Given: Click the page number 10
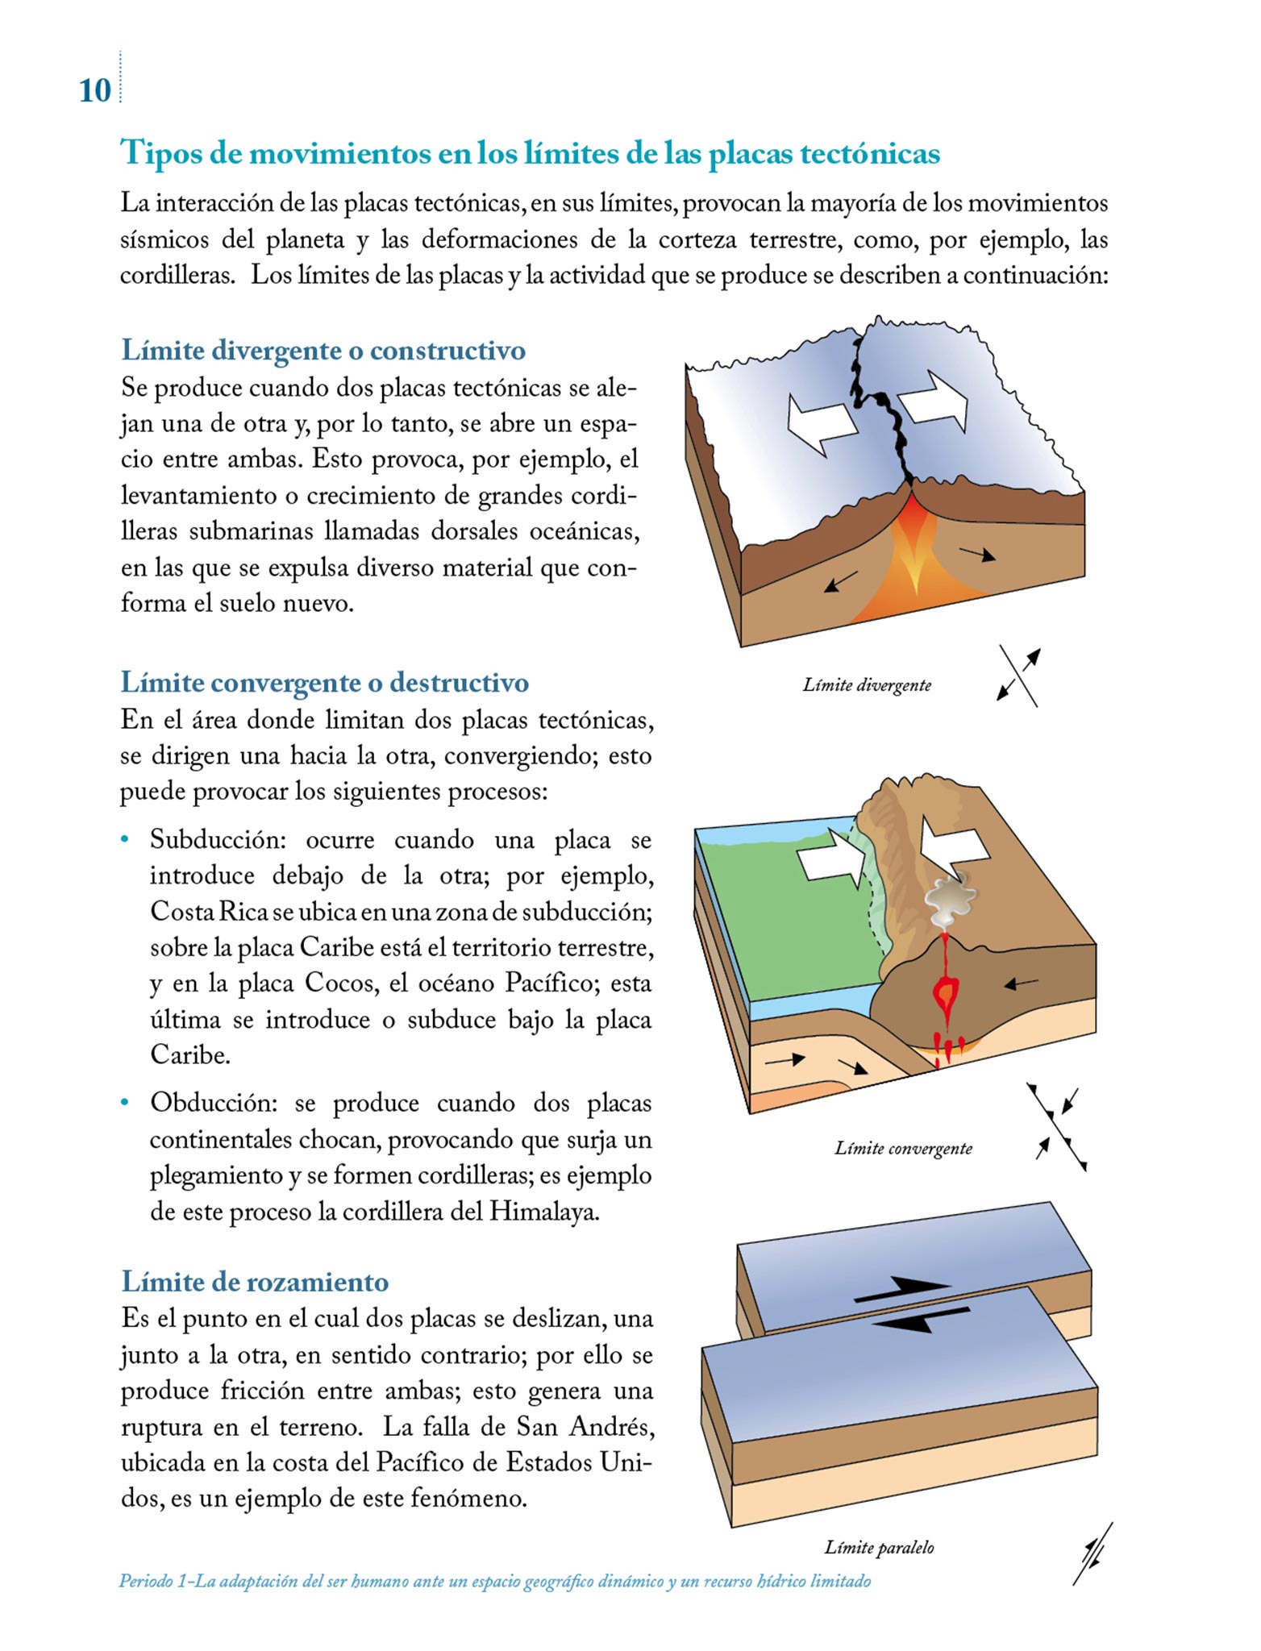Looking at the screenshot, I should click(94, 90).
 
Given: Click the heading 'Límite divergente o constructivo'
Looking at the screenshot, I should click(323, 351).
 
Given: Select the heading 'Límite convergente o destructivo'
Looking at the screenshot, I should click(324, 683).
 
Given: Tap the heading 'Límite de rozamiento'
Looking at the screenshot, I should click(255, 1282).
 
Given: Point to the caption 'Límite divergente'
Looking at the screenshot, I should click(867, 685).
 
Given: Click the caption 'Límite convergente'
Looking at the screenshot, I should click(903, 1148).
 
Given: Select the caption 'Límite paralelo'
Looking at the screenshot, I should click(879, 1547).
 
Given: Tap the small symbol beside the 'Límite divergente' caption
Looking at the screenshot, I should click(1018, 676).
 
